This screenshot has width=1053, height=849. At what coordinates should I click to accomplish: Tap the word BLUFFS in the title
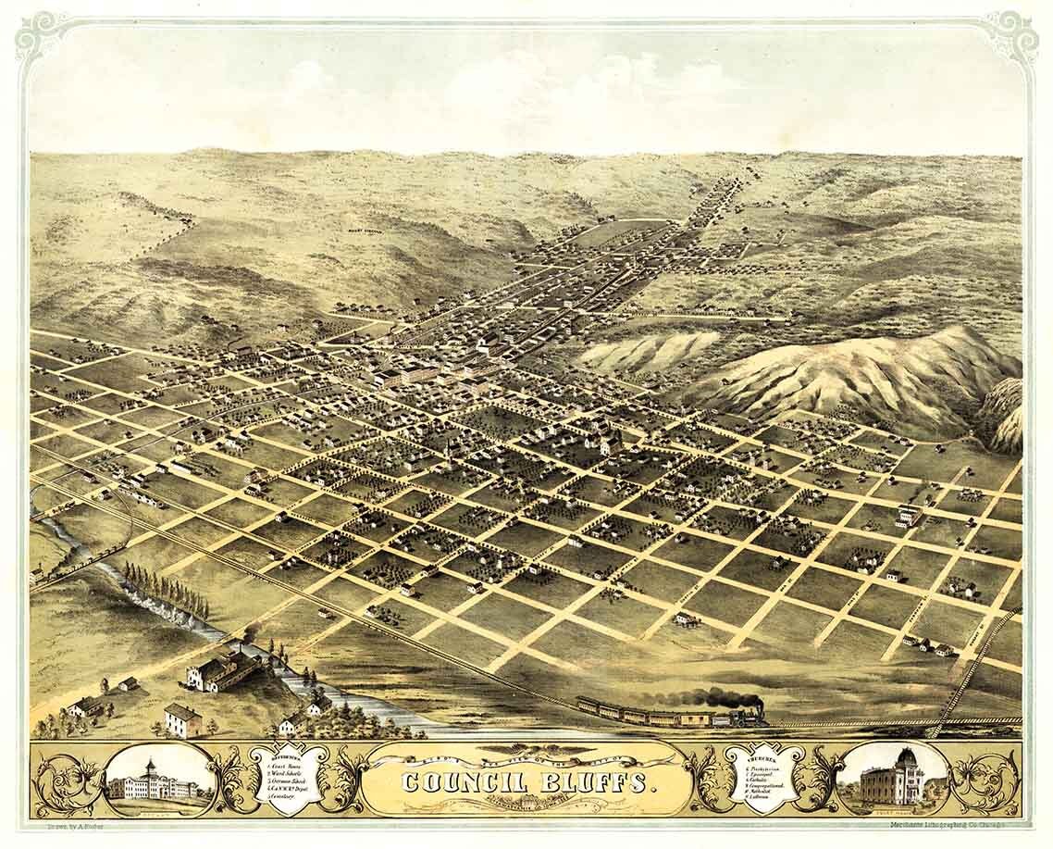(x=593, y=781)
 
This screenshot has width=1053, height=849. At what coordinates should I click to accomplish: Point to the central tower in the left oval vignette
(x=149, y=769)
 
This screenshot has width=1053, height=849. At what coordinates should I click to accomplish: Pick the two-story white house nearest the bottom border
(x=182, y=719)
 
